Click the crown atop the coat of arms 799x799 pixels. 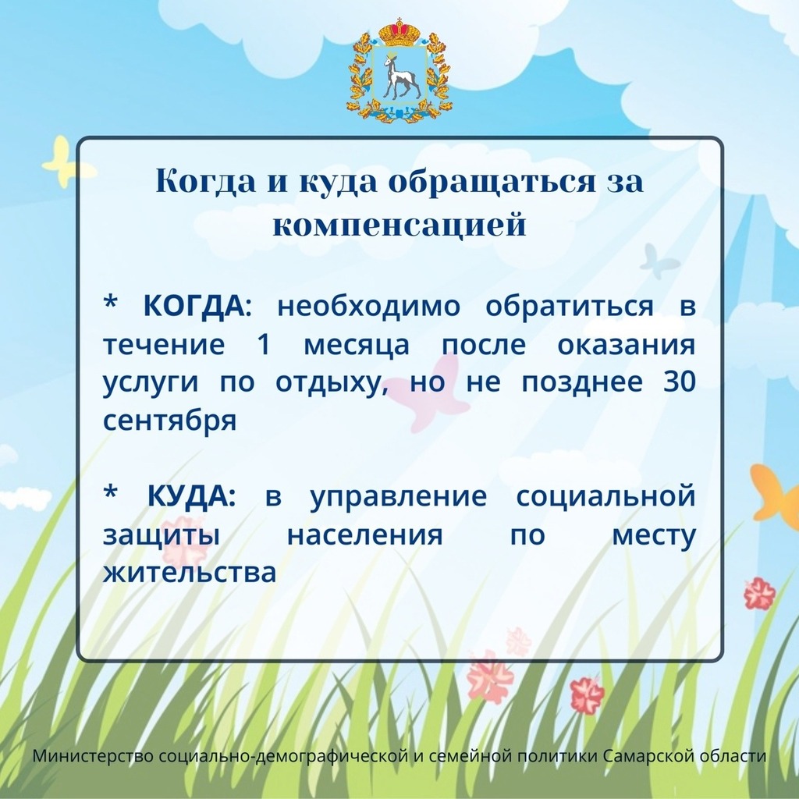[399, 33]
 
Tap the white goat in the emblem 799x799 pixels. [401, 76]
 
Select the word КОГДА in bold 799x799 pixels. [194, 306]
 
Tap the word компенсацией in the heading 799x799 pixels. [399, 224]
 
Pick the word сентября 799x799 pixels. [169, 421]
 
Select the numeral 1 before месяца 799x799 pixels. [264, 344]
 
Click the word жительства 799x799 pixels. [190, 572]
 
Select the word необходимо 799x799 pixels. [369, 306]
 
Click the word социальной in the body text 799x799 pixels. [605, 495]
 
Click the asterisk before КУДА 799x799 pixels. [111, 492]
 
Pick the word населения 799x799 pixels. [365, 535]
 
